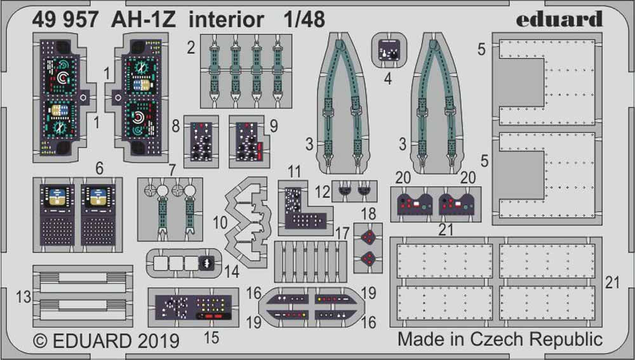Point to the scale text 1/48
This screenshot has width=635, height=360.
pyautogui.click(x=302, y=20)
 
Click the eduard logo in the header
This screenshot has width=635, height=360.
pyautogui.click(x=558, y=19)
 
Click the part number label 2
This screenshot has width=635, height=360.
pyautogui.click(x=190, y=47)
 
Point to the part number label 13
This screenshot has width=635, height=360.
pyautogui.click(x=23, y=297)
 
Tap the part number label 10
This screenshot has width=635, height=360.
pyautogui.click(x=219, y=223)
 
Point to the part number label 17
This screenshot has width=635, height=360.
pyautogui.click(x=343, y=234)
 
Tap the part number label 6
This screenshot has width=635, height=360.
pyautogui.click(x=98, y=168)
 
